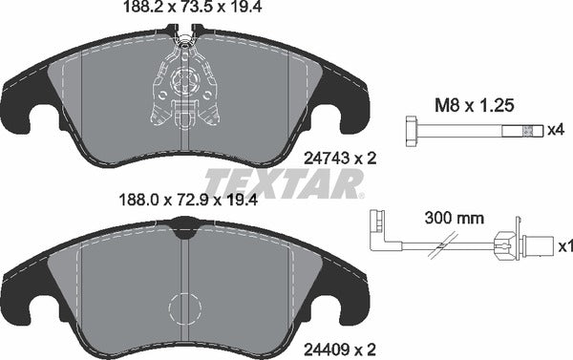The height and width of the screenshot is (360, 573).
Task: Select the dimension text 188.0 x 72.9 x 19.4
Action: (179, 201)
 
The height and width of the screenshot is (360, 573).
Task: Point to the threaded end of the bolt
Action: (529, 130)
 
